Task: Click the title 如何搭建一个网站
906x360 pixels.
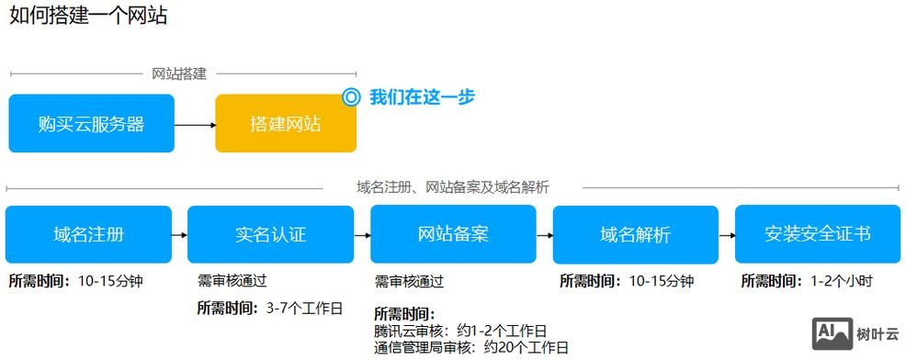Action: coord(88,17)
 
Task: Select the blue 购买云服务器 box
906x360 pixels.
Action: coord(91,124)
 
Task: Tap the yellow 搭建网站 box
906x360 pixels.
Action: coord(285,124)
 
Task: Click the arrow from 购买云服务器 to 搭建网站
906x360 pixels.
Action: coord(195,124)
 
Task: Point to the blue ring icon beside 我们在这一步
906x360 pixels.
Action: coord(350,96)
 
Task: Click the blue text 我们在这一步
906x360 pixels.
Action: coord(422,96)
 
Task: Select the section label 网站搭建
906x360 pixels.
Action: coord(179,73)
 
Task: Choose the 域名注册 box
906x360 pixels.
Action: coord(88,234)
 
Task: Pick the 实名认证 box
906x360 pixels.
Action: coord(270,234)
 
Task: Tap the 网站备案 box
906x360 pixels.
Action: coord(453,234)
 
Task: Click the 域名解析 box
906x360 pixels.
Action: coord(635,234)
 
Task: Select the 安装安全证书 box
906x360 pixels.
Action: coord(817,234)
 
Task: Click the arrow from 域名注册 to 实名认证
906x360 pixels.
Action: coord(179,235)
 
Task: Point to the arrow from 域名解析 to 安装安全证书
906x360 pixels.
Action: coord(726,235)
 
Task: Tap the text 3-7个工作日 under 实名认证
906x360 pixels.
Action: coord(303,309)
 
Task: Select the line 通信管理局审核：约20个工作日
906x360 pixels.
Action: coord(471,347)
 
